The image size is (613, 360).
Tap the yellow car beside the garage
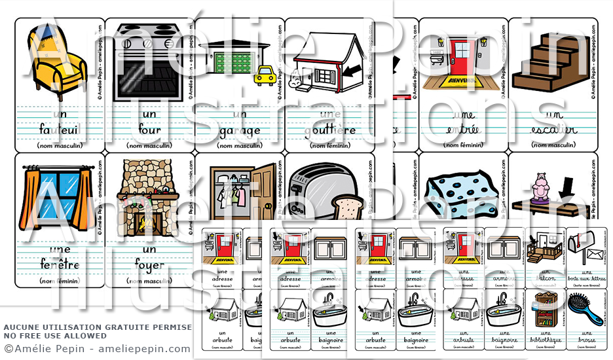coord(264,75)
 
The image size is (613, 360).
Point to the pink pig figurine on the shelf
coord(539,187)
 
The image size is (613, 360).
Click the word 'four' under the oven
coord(149,130)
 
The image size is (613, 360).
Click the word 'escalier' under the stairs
coord(554,130)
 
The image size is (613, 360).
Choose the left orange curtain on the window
coord(30,196)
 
